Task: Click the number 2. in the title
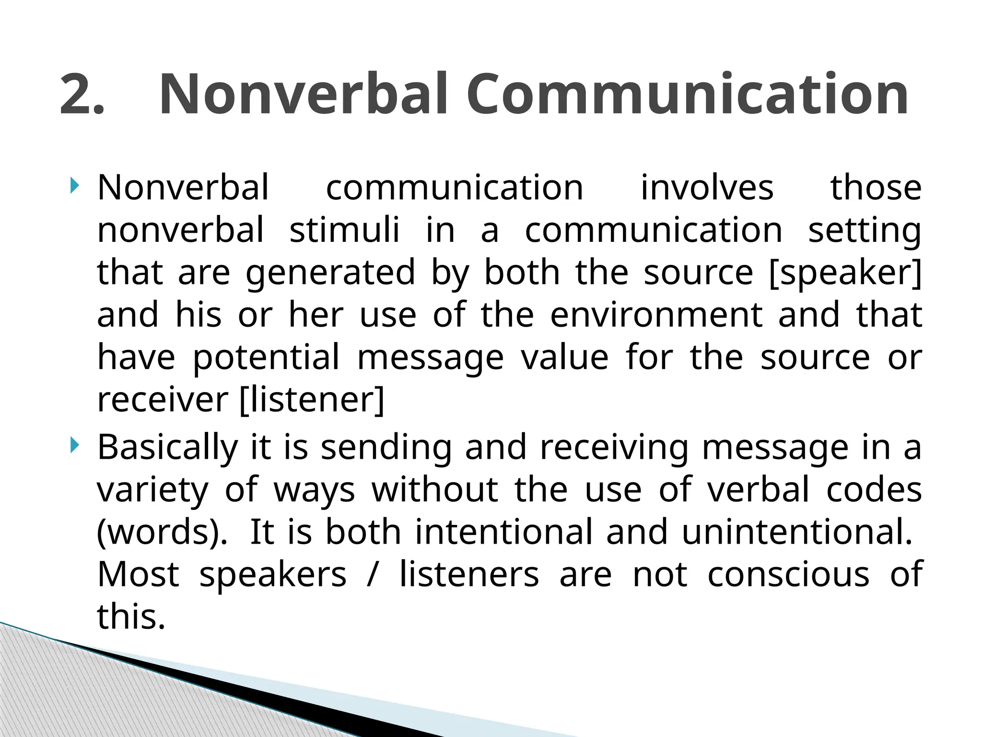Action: click(82, 95)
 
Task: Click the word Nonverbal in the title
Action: click(303, 95)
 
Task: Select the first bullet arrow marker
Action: click(73, 185)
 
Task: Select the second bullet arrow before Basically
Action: click(73, 445)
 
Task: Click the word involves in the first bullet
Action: click(707, 188)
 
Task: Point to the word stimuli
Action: click(344, 230)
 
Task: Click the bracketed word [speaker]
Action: click(845, 273)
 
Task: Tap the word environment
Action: click(656, 315)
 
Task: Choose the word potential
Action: click(266, 358)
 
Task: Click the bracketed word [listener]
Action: click(312, 400)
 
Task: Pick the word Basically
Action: click(167, 448)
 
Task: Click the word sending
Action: click(386, 448)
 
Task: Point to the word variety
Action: click(152, 490)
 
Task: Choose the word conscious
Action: click(788, 575)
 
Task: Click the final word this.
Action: click(131, 617)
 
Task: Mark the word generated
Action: click(330, 273)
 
